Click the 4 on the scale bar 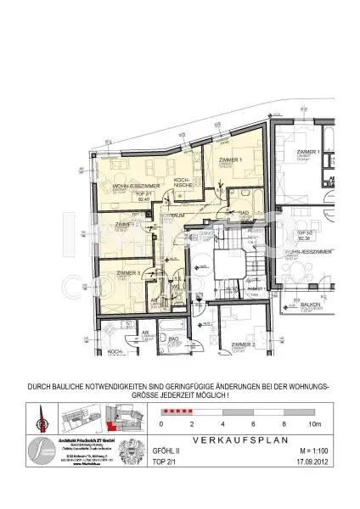coord(222,422)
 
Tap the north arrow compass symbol coord(41,417)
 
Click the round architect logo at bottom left coord(39,451)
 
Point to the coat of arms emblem coord(129,451)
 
